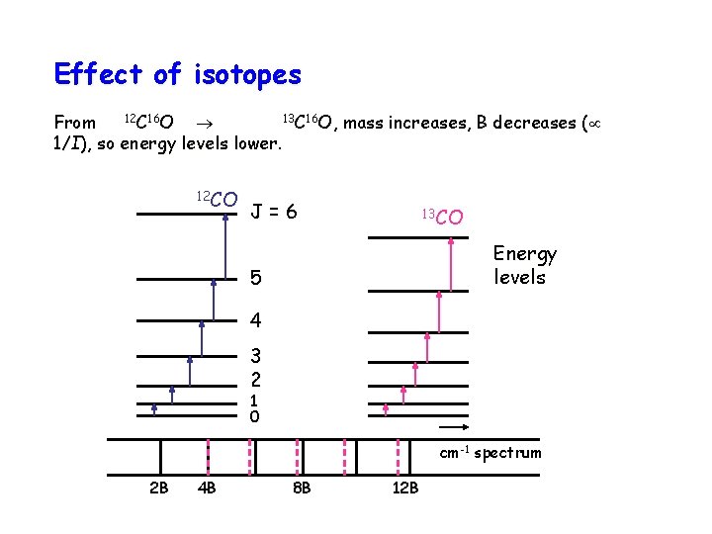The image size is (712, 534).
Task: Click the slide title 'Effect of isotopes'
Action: pyautogui.click(x=178, y=74)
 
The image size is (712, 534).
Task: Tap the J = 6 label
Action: pyautogui.click(x=274, y=212)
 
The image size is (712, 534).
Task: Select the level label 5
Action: pyautogui.click(x=256, y=279)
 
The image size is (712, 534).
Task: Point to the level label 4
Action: pyautogui.click(x=256, y=321)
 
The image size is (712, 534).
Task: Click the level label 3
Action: pyautogui.click(x=255, y=356)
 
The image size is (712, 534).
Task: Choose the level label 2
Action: pyautogui.click(x=255, y=379)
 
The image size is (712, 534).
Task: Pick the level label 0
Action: pyautogui.click(x=254, y=417)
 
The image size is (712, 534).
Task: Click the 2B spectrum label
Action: pyautogui.click(x=158, y=488)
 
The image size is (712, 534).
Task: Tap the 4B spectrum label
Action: pyautogui.click(x=208, y=488)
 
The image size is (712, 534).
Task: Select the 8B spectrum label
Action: pyautogui.click(x=301, y=488)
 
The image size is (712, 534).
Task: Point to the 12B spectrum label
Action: pyautogui.click(x=404, y=488)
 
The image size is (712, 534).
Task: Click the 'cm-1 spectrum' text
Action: pyautogui.click(x=490, y=453)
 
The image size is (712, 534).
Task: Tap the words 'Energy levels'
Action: pyautogui.click(x=525, y=265)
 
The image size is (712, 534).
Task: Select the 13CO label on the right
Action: pyautogui.click(x=442, y=216)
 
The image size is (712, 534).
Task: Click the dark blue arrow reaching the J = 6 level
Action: pyautogui.click(x=226, y=246)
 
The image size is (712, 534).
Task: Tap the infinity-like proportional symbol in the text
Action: pyautogui.click(x=594, y=123)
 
